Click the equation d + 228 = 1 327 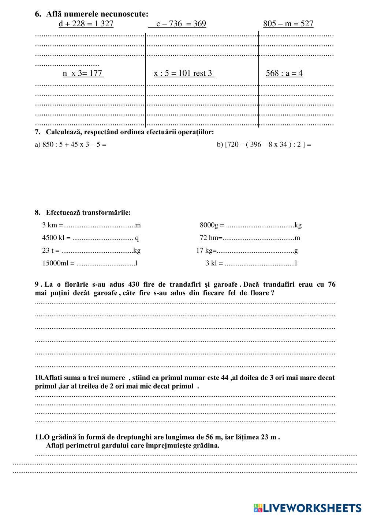[86, 24]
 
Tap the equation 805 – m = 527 [288, 24]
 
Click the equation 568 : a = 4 [284, 73]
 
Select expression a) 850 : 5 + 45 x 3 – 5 [71, 144]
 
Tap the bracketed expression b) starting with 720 [264, 144]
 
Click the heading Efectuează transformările [88, 212]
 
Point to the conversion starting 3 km [91, 225]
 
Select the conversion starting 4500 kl [90, 238]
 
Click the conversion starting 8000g [250, 225]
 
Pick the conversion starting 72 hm [250, 238]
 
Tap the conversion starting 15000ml [90, 263]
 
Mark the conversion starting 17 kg [247, 251]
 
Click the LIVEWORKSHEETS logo [307, 508]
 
